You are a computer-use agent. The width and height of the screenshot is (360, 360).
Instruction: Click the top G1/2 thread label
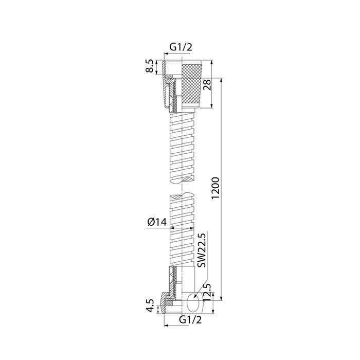[x=181, y=47]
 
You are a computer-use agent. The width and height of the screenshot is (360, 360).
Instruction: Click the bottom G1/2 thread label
[x=190, y=319]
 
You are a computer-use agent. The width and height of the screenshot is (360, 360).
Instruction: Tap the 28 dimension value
[x=207, y=85]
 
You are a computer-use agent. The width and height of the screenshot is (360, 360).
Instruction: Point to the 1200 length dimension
[x=215, y=188]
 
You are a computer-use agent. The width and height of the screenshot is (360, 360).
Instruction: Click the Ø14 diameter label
[x=157, y=222]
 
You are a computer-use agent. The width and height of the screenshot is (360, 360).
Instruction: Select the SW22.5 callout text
[x=202, y=250]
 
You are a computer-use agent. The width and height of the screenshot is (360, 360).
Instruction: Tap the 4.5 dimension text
[x=150, y=305]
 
